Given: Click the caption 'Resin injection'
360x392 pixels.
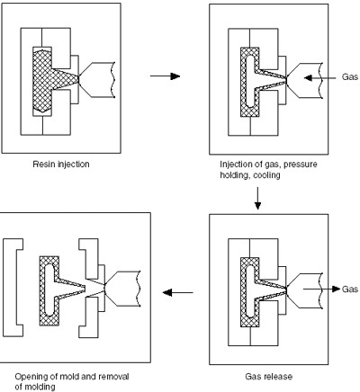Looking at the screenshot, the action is pyautogui.click(x=61, y=165).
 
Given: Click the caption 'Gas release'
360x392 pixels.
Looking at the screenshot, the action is pyautogui.click(x=269, y=376).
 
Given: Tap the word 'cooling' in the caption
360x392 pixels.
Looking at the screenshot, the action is pyautogui.click(x=266, y=175).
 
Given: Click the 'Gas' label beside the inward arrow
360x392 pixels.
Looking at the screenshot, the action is pyautogui.click(x=350, y=77).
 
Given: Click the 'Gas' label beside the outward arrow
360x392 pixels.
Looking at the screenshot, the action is pyautogui.click(x=350, y=289).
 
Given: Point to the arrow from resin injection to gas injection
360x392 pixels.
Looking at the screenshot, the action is pyautogui.click(x=165, y=76).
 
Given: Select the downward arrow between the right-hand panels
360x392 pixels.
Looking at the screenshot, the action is pyautogui.click(x=257, y=199).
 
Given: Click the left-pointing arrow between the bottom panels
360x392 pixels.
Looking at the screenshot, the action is pyautogui.click(x=177, y=292).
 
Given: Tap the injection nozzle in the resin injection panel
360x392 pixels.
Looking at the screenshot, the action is pyautogui.click(x=97, y=80).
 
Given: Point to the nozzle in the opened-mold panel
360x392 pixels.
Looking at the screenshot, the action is pyautogui.click(x=122, y=289).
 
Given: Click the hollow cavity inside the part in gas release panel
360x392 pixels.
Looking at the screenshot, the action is pyautogui.click(x=250, y=290).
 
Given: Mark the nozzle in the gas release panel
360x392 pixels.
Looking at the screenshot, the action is pyautogui.click(x=304, y=290).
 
